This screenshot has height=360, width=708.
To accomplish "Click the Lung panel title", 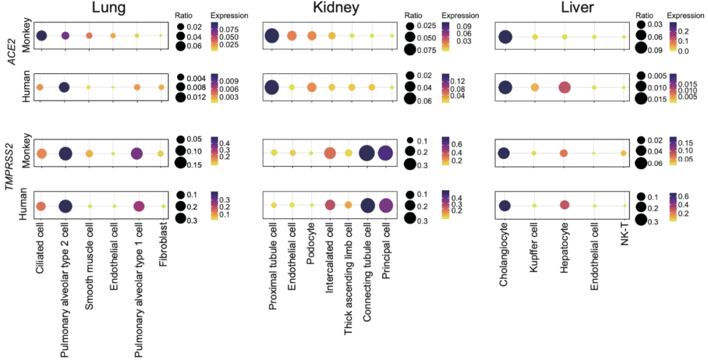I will (109, 8).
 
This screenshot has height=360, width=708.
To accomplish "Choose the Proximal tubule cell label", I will (272, 263).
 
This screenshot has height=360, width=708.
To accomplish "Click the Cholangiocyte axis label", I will (504, 252).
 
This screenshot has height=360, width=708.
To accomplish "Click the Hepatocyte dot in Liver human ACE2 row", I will (564, 87).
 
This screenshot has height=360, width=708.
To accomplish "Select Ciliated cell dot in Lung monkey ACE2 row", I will (41, 35).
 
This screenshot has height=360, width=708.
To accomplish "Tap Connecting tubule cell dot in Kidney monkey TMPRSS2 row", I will (367, 153).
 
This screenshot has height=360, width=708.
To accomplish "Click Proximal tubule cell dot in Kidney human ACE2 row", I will (271, 87).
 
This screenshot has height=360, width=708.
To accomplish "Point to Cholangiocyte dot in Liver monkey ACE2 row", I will (505, 37).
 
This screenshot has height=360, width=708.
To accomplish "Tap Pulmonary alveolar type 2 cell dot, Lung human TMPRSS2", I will (65, 206).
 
